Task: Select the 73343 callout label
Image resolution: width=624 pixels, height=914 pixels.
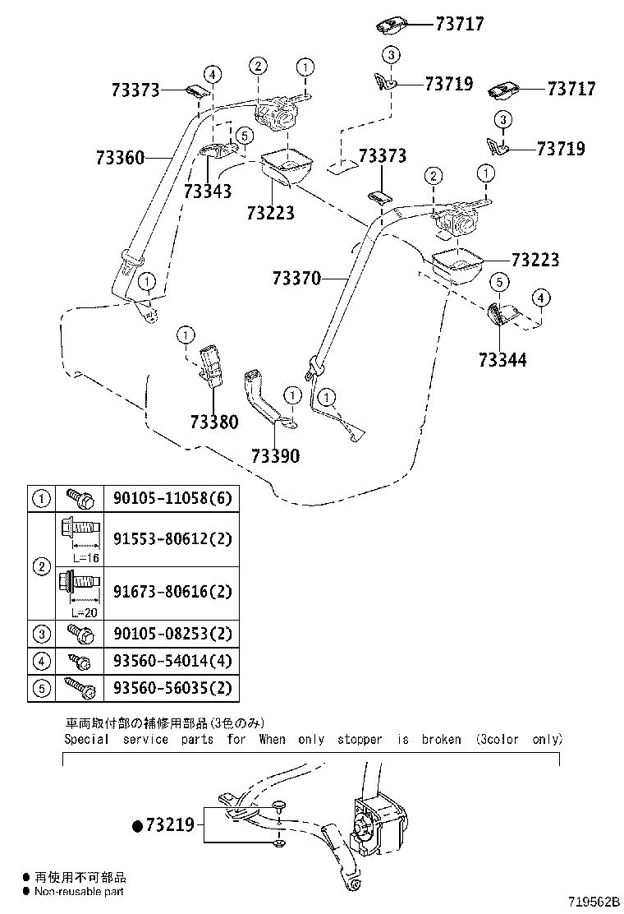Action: click(x=208, y=191)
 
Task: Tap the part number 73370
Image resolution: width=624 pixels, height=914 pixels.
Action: click(x=297, y=279)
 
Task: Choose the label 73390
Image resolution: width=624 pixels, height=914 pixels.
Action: click(x=276, y=455)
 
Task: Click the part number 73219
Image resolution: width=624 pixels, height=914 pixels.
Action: click(x=171, y=824)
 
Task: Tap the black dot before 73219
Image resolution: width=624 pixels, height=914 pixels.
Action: click(x=137, y=824)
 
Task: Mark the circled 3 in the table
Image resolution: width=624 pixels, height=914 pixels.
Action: click(x=40, y=634)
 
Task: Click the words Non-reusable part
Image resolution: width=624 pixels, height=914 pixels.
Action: click(x=78, y=891)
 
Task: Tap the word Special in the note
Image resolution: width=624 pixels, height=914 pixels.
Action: click(x=86, y=739)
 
